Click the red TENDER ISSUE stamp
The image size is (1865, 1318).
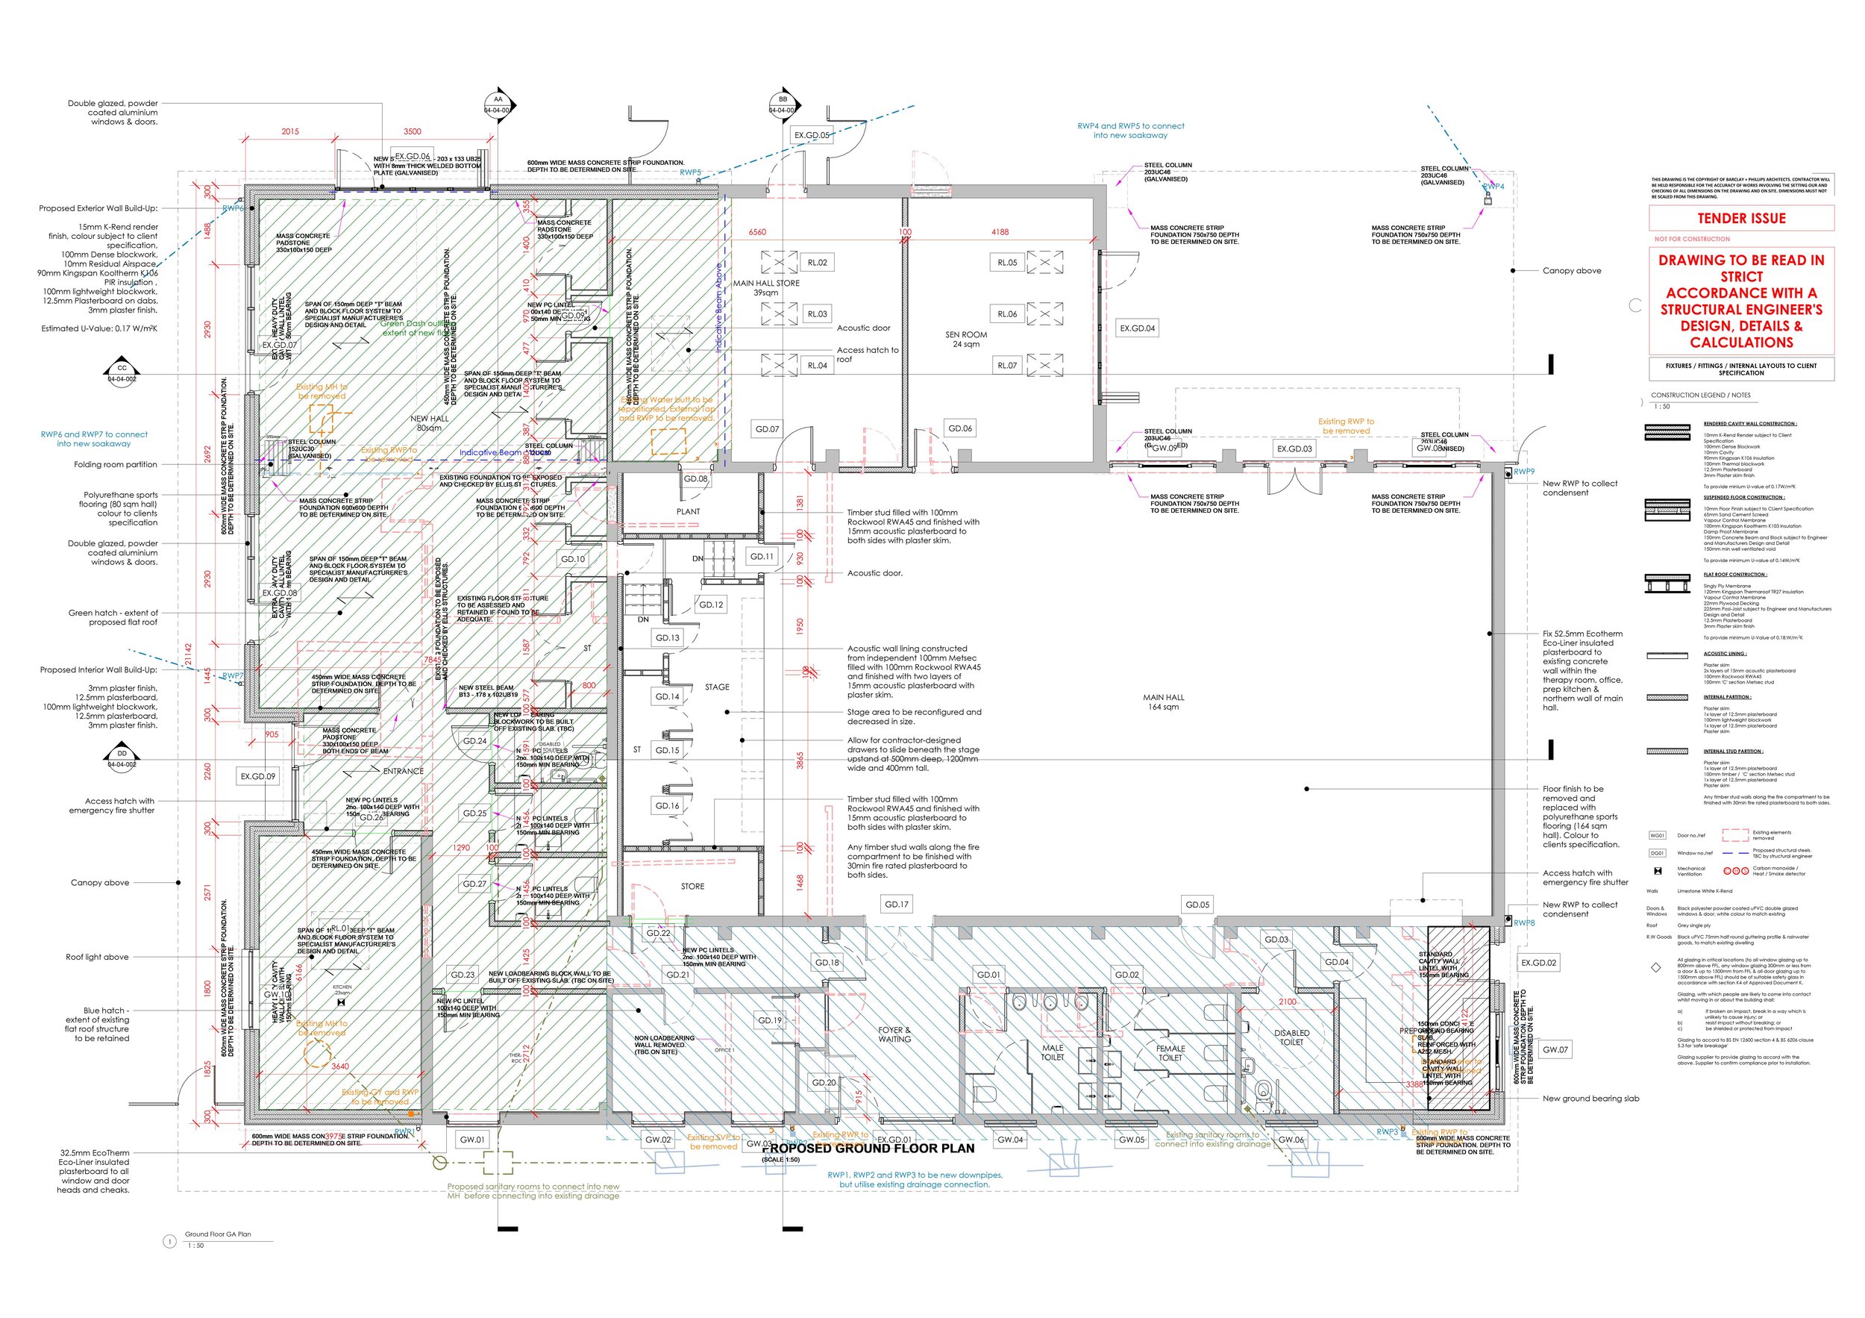pos(1740,219)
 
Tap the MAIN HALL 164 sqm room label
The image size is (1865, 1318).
pos(1163,702)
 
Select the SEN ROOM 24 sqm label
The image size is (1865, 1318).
pos(966,339)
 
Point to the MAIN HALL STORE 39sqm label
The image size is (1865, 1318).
pos(766,287)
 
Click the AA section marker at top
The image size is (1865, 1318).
pos(498,104)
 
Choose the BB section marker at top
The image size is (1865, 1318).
pos(783,104)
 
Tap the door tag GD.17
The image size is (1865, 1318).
pos(897,904)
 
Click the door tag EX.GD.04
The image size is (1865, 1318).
pos(1137,328)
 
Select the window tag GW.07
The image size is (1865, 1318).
pos(1555,1049)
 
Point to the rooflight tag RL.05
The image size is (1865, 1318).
pos(1007,263)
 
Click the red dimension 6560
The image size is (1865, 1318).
pos(757,232)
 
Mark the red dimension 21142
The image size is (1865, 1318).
pos(189,654)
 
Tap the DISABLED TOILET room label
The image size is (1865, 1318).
pos(1291,1037)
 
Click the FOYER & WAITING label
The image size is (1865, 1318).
pos(894,1034)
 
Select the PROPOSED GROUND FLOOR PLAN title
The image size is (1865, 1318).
pos(868,1148)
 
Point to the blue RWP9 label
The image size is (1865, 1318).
pos(1524,471)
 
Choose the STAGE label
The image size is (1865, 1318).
pos(716,687)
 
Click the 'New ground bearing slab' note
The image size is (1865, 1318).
pos(1590,1098)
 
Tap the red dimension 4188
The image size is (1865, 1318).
pos(1000,232)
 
